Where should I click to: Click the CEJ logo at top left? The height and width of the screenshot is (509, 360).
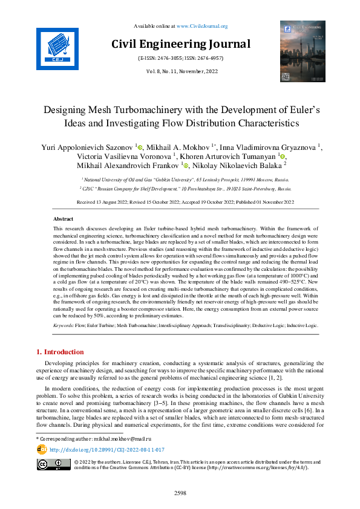[58, 47]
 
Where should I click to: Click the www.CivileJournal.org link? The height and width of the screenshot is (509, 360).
[202, 27]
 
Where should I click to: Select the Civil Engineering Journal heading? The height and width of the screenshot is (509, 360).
[180, 44]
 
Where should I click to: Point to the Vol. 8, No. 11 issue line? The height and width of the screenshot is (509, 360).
[180, 71]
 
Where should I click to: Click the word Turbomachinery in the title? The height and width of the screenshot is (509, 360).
[149, 111]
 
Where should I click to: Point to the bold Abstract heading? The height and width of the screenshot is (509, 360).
[64, 219]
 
